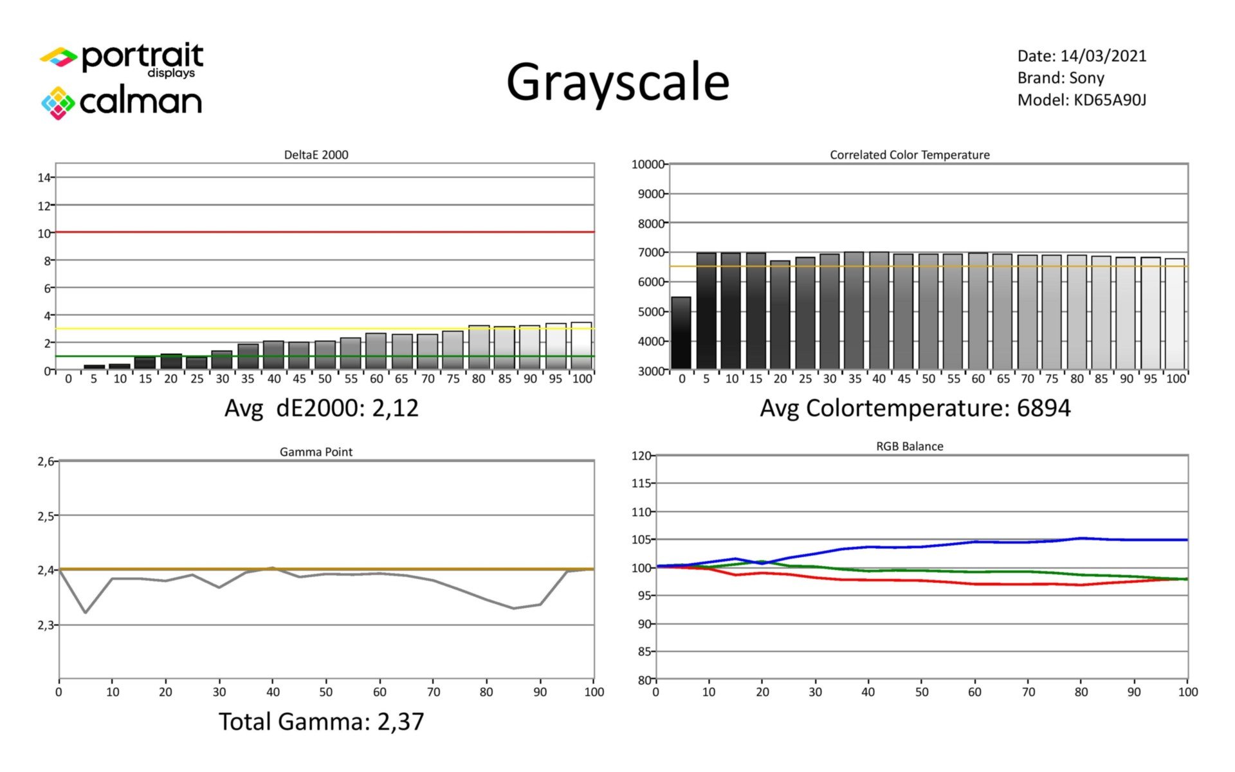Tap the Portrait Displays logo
122,60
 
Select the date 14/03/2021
1103,56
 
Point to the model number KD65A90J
1110,100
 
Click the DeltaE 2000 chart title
316,155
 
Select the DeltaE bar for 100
581,346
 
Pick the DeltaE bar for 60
376,352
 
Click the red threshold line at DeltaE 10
325,232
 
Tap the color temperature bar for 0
681,334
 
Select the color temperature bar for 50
928,312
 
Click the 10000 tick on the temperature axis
648,165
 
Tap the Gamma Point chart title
316,452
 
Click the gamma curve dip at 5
86,612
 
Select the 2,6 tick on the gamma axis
47,461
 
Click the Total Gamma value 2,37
400,722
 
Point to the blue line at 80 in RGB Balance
1081,538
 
